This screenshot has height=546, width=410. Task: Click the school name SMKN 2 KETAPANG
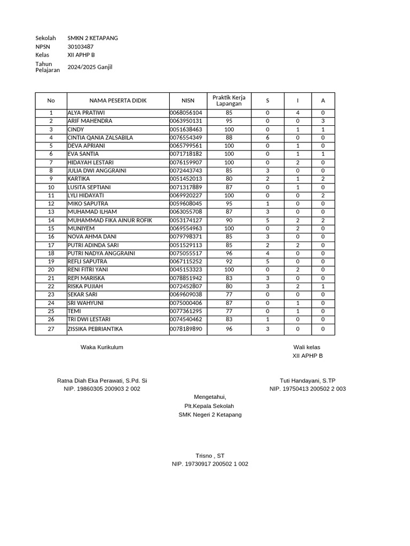click(93, 38)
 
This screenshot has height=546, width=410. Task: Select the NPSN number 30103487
click(81, 47)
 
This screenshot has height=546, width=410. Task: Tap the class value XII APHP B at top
click(81, 55)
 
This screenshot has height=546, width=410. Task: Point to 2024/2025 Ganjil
click(90, 67)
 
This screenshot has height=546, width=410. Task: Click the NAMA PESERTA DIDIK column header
click(118, 101)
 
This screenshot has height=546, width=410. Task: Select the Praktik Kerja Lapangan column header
click(228, 100)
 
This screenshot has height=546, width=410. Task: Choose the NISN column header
click(188, 101)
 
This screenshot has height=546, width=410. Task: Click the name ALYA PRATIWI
click(86, 113)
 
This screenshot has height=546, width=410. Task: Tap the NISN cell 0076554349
click(186, 138)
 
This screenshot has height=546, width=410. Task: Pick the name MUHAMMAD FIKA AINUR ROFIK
click(109, 220)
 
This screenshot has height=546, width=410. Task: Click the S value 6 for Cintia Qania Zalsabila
click(267, 138)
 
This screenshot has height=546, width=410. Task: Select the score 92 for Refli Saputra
click(229, 262)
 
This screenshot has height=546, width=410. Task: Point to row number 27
click(51, 330)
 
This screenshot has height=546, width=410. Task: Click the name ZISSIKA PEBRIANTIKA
click(95, 330)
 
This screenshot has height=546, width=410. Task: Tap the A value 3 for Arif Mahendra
click(322, 121)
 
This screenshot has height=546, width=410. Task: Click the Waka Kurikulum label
click(102, 347)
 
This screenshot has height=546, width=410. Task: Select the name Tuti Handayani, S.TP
click(307, 381)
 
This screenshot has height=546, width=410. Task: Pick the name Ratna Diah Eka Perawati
click(102, 381)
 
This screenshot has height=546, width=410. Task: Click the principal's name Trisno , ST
click(210, 456)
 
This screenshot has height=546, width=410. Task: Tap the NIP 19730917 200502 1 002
click(210, 464)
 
